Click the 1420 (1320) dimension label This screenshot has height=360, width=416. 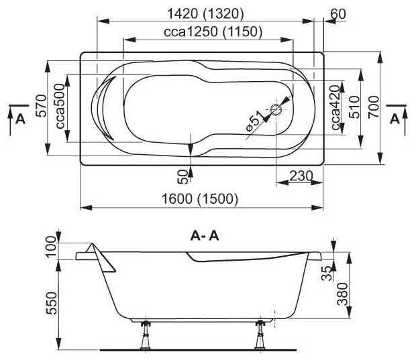[205, 14]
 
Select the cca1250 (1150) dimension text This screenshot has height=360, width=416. [213, 32]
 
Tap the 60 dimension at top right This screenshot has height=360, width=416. [338, 13]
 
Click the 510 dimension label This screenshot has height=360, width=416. [354, 107]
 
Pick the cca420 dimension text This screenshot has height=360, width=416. [335, 107]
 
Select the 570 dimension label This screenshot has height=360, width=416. [42, 106]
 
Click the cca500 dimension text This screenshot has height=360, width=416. [60, 106]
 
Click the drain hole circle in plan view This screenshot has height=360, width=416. [276, 109]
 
